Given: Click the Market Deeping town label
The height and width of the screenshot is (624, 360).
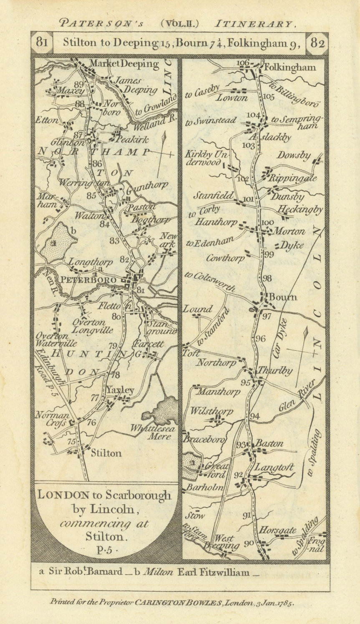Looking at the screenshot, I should pos(125,64).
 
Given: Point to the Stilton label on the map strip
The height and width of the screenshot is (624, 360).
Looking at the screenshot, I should pos(106,453).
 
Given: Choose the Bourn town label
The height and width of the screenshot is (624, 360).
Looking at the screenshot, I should pos(283,297).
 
